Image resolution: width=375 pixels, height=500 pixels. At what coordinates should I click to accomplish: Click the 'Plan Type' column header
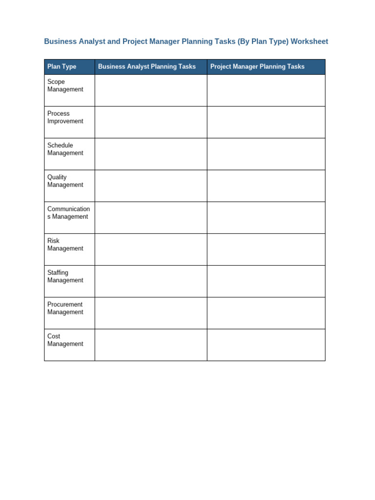(62, 67)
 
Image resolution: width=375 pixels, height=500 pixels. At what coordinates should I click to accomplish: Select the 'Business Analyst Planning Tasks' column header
(146, 67)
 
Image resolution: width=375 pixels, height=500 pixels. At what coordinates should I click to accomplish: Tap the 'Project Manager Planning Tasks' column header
(257, 67)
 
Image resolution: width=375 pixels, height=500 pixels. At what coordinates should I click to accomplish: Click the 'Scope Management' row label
(65, 85)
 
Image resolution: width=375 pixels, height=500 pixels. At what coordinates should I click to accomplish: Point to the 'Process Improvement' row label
(65, 117)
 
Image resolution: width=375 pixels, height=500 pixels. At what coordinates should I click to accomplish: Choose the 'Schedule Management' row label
(65, 149)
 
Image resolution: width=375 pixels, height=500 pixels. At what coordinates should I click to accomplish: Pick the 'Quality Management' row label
(65, 181)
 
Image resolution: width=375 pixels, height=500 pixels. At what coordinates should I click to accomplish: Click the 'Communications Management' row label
(68, 212)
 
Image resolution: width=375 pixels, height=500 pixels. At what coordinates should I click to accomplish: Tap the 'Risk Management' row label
(65, 244)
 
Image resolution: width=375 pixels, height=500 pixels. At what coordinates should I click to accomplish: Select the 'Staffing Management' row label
(65, 276)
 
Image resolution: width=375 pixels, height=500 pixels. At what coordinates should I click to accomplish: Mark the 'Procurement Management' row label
(65, 308)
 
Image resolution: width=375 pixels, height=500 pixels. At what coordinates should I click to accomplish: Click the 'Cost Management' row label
(65, 340)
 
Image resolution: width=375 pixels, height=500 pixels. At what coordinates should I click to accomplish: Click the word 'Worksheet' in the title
(309, 42)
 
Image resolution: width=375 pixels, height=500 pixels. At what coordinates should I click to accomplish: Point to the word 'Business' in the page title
(60, 42)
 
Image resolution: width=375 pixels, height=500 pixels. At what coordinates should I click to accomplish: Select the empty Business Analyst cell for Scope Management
(151, 90)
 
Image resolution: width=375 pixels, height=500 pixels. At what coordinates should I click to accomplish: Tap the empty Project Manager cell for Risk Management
(266, 250)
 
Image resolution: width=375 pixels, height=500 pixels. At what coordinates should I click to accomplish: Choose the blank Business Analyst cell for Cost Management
(151, 345)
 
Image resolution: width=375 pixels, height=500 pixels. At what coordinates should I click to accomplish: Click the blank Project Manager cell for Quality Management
(266, 186)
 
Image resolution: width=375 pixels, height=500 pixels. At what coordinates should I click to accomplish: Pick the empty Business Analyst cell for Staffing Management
(151, 281)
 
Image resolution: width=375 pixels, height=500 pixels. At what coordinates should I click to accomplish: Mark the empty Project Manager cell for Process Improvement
(266, 122)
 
